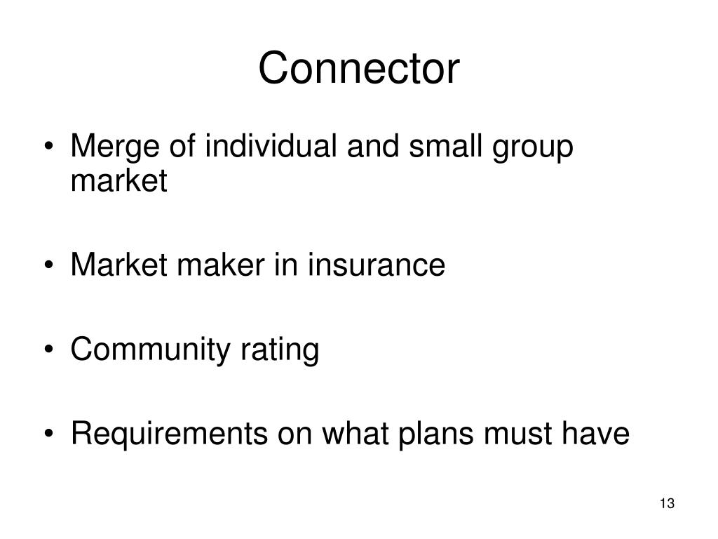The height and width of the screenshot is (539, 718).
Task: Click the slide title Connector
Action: point(359,69)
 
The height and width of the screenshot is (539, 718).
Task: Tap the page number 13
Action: point(667,504)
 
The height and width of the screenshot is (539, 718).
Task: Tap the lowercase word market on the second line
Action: point(118,182)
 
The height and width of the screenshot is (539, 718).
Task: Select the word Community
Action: point(147,350)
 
